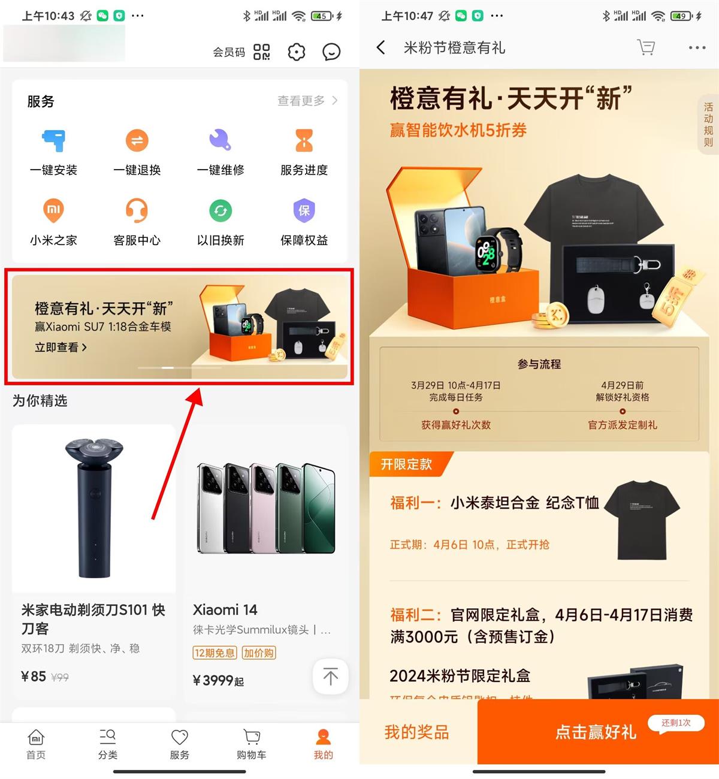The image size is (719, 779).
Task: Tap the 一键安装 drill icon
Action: (53, 141)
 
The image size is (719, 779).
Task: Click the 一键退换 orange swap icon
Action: (137, 141)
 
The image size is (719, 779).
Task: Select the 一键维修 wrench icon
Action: (220, 140)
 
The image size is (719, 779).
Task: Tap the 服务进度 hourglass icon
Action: (304, 141)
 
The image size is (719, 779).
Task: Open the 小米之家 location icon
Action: (53, 210)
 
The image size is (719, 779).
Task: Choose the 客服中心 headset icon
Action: (137, 210)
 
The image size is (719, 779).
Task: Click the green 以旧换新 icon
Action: (220, 210)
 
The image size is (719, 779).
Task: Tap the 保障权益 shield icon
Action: (304, 210)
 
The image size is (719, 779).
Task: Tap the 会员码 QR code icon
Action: (261, 52)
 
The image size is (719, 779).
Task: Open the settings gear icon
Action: (296, 52)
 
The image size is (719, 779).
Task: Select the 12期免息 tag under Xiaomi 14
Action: (215, 653)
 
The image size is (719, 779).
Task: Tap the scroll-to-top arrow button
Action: (330, 677)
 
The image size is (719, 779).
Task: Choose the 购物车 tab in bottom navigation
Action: (252, 744)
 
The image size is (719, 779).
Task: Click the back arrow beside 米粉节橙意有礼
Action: (380, 47)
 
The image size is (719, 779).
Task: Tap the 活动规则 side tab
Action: (708, 125)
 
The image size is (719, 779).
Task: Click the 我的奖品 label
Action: (416, 732)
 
